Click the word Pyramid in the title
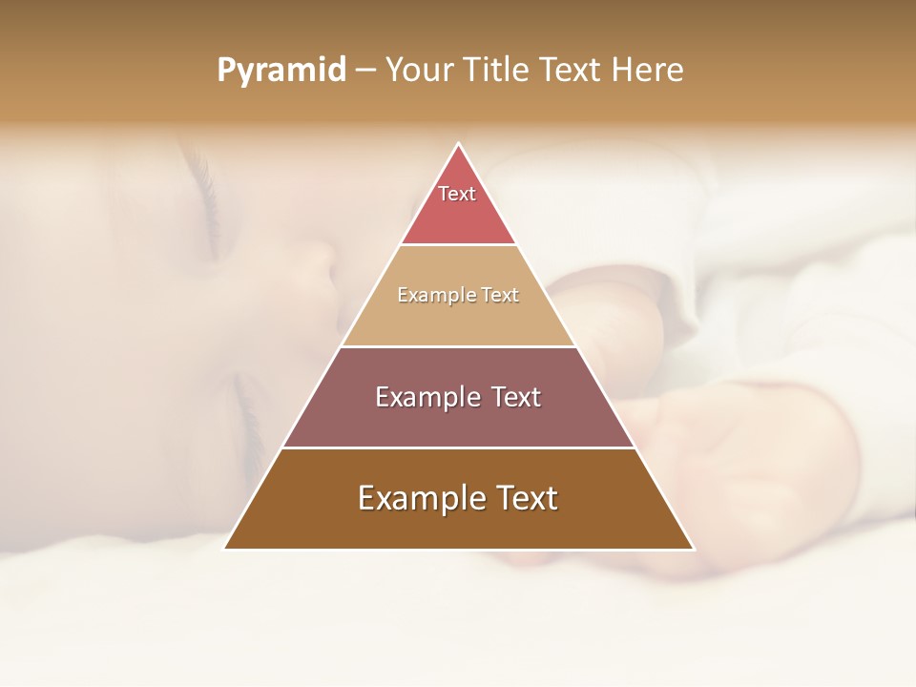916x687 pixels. [281, 70]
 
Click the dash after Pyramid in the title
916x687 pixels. [365, 71]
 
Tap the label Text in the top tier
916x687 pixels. [457, 194]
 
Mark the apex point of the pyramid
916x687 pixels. [459, 144]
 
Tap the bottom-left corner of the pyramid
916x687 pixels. [224, 549]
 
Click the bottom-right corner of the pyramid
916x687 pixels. [694, 549]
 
